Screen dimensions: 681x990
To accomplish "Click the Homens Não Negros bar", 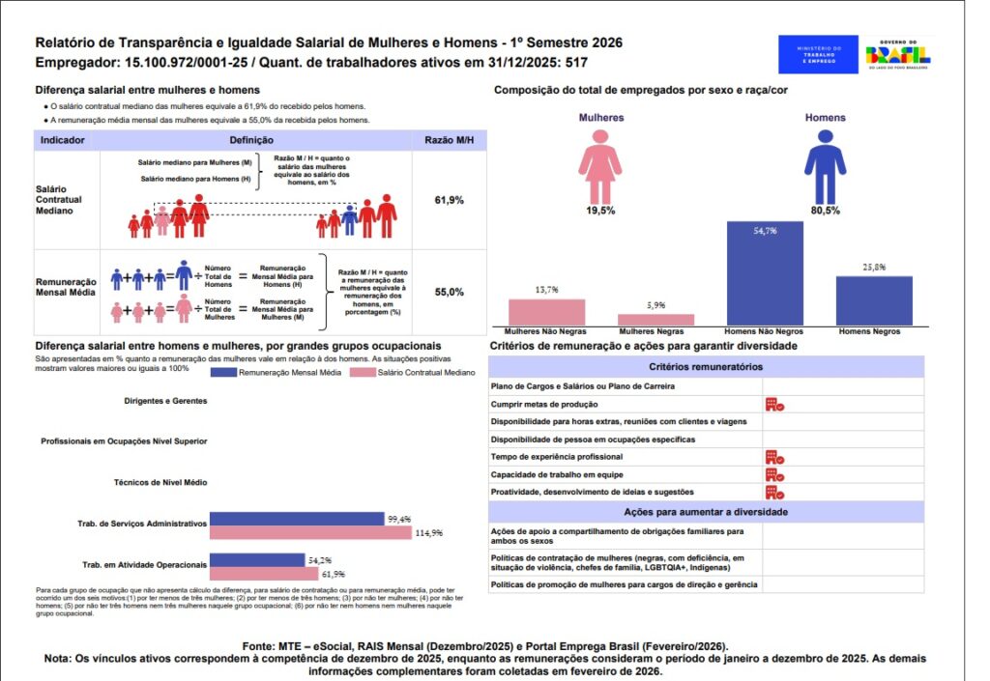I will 765,273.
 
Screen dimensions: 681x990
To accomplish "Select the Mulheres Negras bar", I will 655,320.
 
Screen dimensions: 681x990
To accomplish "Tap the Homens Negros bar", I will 874,300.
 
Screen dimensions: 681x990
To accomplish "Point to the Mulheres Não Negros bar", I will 546,312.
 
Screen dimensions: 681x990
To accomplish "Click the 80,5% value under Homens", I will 824,211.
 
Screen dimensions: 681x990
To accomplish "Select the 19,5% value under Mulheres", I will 599,211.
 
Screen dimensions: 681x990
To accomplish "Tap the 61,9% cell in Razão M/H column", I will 450,200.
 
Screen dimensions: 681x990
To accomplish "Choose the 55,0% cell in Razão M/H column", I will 450,292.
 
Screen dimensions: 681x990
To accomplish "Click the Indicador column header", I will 63,140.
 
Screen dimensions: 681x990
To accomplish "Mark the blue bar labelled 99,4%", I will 297,519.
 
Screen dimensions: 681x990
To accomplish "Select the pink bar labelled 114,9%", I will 311,532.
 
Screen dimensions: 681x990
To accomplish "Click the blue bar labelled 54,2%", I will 257,560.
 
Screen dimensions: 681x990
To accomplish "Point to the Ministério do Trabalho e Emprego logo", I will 818,54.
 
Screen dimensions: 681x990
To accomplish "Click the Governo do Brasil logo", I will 898,54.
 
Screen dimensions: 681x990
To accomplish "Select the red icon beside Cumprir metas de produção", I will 773,404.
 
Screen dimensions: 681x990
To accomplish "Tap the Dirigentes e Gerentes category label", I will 165,400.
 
